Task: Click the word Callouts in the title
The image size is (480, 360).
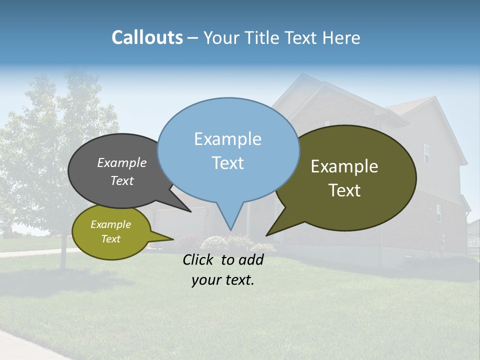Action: pyautogui.click(x=147, y=37)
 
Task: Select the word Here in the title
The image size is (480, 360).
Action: pyautogui.click(x=342, y=37)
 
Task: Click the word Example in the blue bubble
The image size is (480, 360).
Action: pyautogui.click(x=227, y=139)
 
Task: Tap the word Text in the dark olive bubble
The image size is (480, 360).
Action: pyautogui.click(x=344, y=190)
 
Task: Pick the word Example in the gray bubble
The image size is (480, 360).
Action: pyautogui.click(x=121, y=163)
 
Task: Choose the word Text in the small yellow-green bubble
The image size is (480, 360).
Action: pyautogui.click(x=110, y=239)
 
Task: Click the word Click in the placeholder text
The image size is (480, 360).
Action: pyautogui.click(x=198, y=259)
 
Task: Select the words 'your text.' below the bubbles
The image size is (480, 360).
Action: pyautogui.click(x=222, y=280)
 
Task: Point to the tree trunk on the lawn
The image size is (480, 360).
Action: pyautogui.click(x=63, y=257)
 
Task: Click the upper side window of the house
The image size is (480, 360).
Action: pyautogui.click(x=426, y=153)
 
